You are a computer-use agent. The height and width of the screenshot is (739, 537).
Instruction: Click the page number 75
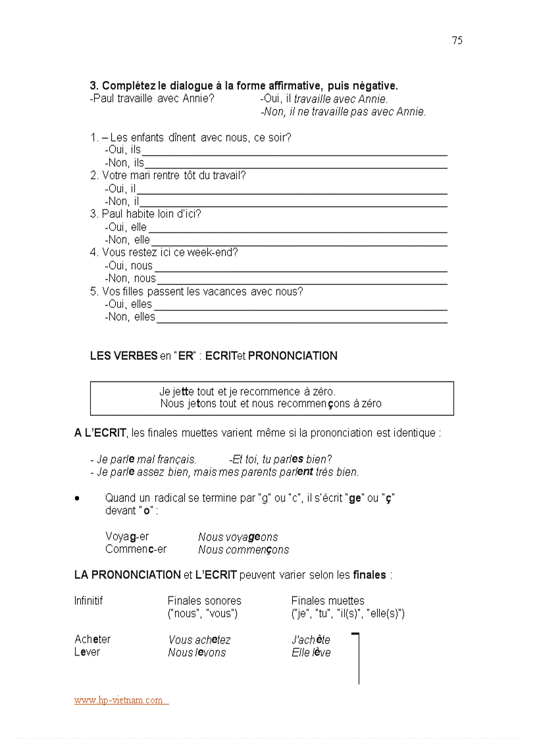click(x=457, y=41)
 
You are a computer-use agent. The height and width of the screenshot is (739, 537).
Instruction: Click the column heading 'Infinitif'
click(x=89, y=601)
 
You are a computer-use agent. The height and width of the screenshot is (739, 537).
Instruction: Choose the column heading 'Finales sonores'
click(x=204, y=601)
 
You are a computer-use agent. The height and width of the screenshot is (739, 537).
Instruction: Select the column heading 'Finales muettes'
click(x=328, y=601)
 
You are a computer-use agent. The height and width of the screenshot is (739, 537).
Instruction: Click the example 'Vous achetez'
click(x=199, y=640)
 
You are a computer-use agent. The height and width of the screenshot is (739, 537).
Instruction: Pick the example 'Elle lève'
click(x=311, y=653)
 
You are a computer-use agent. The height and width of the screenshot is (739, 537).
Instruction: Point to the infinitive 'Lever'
click(x=88, y=652)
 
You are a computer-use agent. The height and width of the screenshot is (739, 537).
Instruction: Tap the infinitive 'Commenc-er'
click(x=136, y=549)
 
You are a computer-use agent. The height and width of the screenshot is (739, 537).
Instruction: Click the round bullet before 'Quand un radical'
click(x=78, y=499)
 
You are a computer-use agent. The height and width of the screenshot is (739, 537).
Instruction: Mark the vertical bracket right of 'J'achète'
click(x=358, y=658)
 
